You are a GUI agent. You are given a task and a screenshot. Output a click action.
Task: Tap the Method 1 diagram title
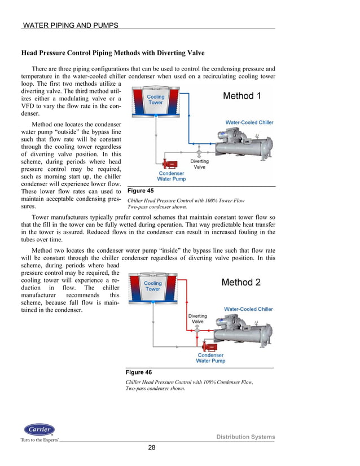242,96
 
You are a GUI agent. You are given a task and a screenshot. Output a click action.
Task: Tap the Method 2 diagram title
241,282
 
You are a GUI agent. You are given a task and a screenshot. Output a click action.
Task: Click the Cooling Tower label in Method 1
155,100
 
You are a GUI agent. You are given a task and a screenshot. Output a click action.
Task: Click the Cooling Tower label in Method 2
153,286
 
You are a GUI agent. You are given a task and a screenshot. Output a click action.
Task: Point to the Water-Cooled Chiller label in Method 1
249,122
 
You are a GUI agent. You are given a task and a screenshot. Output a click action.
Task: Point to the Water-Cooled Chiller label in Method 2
248,309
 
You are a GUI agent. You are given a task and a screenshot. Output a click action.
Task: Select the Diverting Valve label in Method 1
200,164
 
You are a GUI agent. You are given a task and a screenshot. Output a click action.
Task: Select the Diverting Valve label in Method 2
197,319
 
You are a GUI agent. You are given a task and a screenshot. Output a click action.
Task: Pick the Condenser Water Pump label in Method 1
171,176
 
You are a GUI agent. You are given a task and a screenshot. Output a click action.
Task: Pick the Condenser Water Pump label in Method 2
210,358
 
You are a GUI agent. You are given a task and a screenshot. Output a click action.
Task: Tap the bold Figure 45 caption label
140,191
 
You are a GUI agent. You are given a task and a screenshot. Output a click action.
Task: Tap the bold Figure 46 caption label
138,372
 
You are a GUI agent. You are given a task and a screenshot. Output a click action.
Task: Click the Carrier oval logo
39,430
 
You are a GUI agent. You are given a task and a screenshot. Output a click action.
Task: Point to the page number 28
152,448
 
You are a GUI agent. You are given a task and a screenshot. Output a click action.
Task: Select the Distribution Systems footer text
246,437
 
